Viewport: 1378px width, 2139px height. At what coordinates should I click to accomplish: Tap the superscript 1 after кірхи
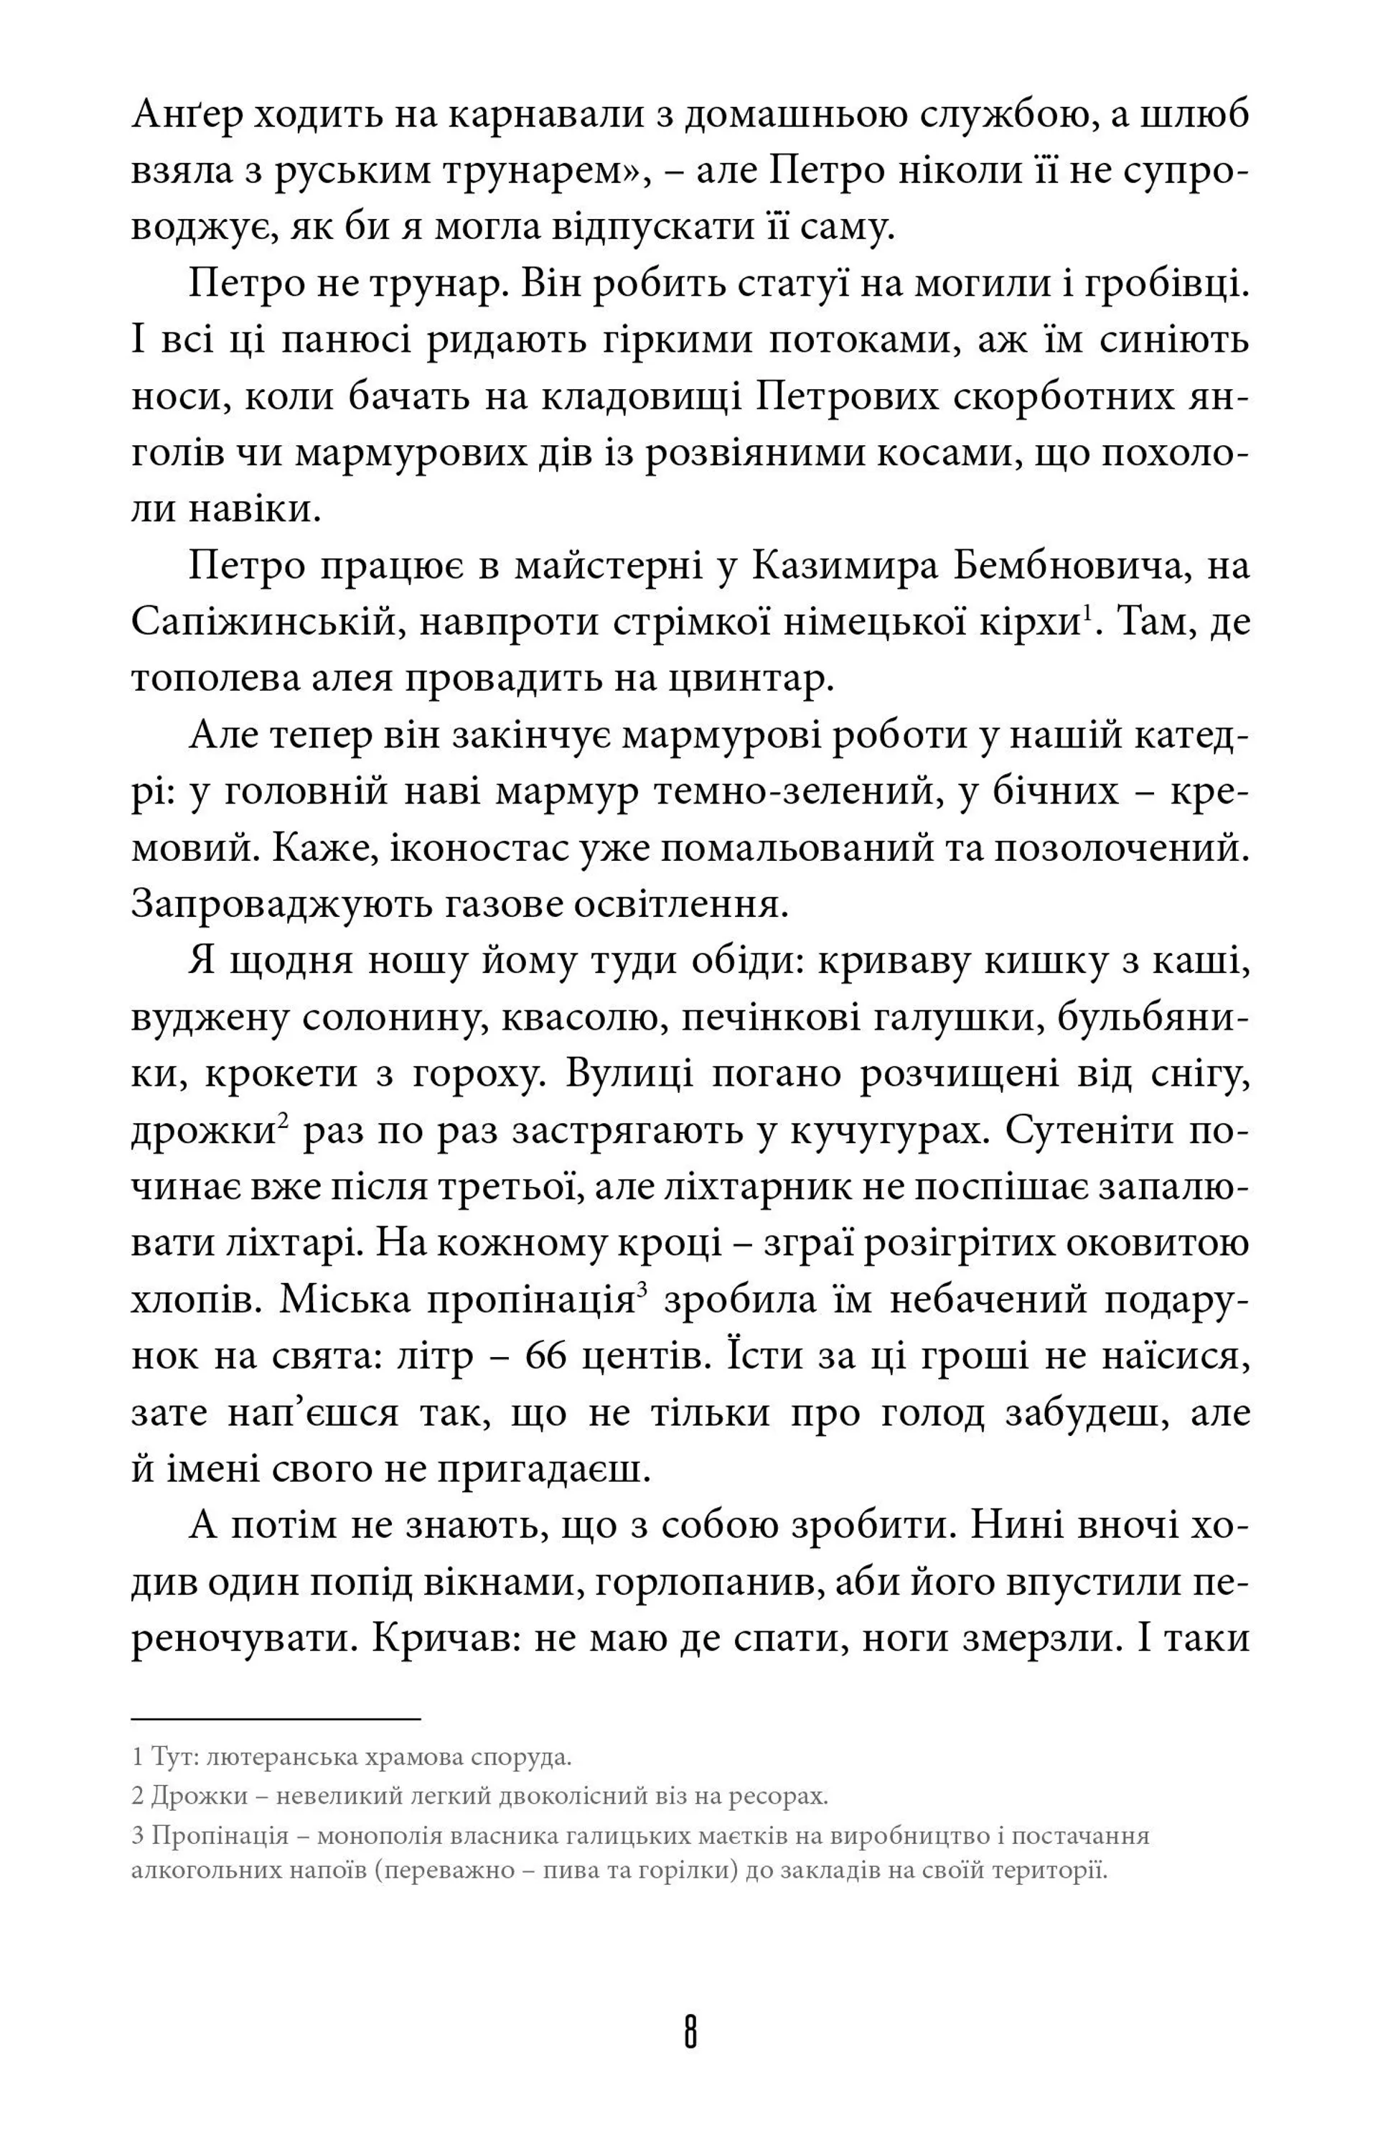pyautogui.click(x=1087, y=613)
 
